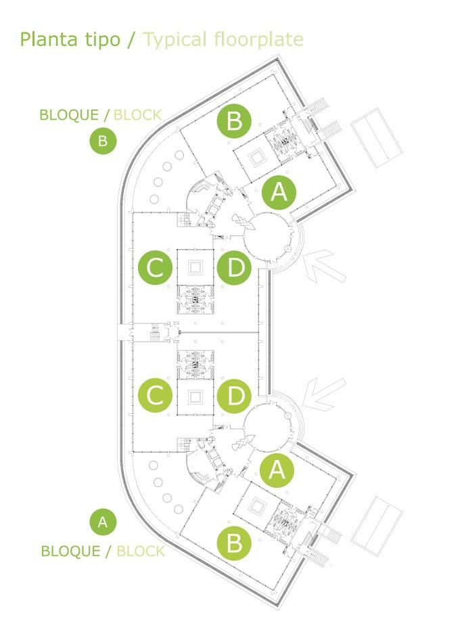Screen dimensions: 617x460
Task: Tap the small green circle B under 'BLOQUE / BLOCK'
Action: pyautogui.click(x=103, y=141)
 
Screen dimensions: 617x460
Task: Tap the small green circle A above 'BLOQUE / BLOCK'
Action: pyautogui.click(x=103, y=522)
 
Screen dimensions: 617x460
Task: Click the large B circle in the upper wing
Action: pyautogui.click(x=234, y=121)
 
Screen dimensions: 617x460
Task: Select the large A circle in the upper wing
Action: pyautogui.click(x=279, y=193)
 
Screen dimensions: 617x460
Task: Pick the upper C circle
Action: pyautogui.click(x=156, y=268)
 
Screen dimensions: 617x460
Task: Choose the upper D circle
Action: pyautogui.click(x=235, y=268)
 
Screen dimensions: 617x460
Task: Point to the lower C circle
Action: pyautogui.click(x=156, y=396)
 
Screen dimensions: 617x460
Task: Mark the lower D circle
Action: pyautogui.click(x=235, y=396)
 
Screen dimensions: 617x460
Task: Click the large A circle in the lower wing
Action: pyautogui.click(x=277, y=469)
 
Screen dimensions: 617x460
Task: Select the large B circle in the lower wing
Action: pyautogui.click(x=233, y=543)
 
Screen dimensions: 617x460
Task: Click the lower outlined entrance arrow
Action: pyautogui.click(x=323, y=393)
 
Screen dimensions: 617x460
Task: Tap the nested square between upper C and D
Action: pyautogui.click(x=196, y=267)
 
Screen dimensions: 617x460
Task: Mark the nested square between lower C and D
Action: pyautogui.click(x=196, y=396)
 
